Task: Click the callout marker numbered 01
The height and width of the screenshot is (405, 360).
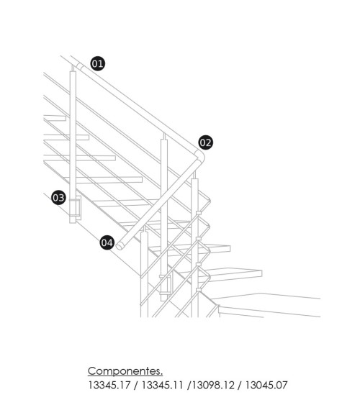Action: pyautogui.click(x=97, y=63)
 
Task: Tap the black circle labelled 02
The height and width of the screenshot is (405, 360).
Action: pyautogui.click(x=206, y=142)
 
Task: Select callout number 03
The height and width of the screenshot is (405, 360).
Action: pyautogui.click(x=59, y=197)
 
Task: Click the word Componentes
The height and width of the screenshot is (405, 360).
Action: pyautogui.click(x=125, y=371)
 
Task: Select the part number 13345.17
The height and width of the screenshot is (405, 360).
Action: pyautogui.click(x=108, y=386)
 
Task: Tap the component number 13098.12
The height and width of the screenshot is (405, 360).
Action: pyautogui.click(x=212, y=386)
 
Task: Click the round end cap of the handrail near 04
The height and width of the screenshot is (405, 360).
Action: pyautogui.click(x=123, y=245)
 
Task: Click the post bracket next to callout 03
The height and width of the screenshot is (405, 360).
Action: pyautogui.click(x=74, y=207)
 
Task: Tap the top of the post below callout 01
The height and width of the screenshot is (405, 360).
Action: pyautogui.click(x=73, y=72)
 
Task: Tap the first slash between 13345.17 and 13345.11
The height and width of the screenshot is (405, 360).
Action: pyautogui.click(x=135, y=386)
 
